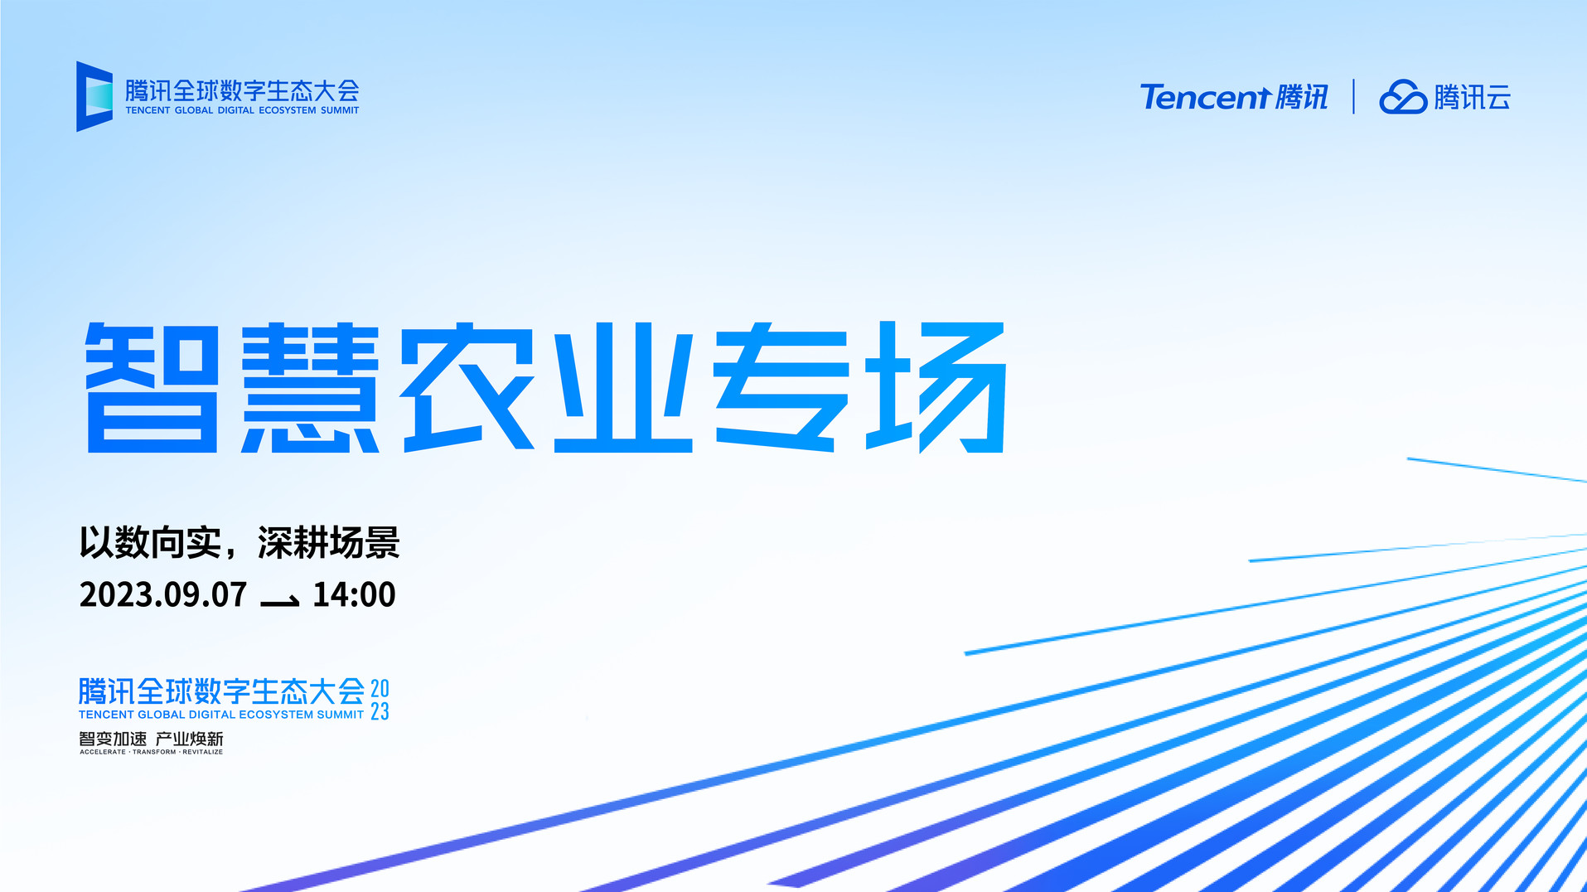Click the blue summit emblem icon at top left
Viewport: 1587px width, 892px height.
[94, 96]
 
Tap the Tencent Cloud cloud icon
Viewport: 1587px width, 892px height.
[1402, 97]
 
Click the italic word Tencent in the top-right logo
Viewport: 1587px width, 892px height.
[1205, 97]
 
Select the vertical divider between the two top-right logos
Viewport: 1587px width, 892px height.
[1353, 96]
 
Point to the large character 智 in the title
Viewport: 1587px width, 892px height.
[152, 387]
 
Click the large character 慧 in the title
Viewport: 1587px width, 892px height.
[310, 387]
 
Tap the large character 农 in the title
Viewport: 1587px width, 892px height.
[468, 387]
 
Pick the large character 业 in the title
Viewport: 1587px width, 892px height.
[623, 387]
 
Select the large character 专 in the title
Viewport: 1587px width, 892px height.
[781, 387]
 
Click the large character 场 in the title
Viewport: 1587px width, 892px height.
[936, 387]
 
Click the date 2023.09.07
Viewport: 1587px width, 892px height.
[163, 594]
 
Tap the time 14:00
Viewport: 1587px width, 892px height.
[354, 594]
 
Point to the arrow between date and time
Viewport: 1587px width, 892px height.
[280, 601]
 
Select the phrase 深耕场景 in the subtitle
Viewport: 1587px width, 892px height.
[329, 543]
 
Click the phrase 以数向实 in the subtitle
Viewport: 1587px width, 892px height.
[151, 543]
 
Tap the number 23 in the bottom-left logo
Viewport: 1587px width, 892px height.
[380, 711]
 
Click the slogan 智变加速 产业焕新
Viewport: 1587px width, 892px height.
[151, 739]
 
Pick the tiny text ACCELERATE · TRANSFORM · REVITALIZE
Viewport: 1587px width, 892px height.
[151, 752]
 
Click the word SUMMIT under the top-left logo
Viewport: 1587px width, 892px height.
[340, 110]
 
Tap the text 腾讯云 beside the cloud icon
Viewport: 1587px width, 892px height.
[1473, 97]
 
